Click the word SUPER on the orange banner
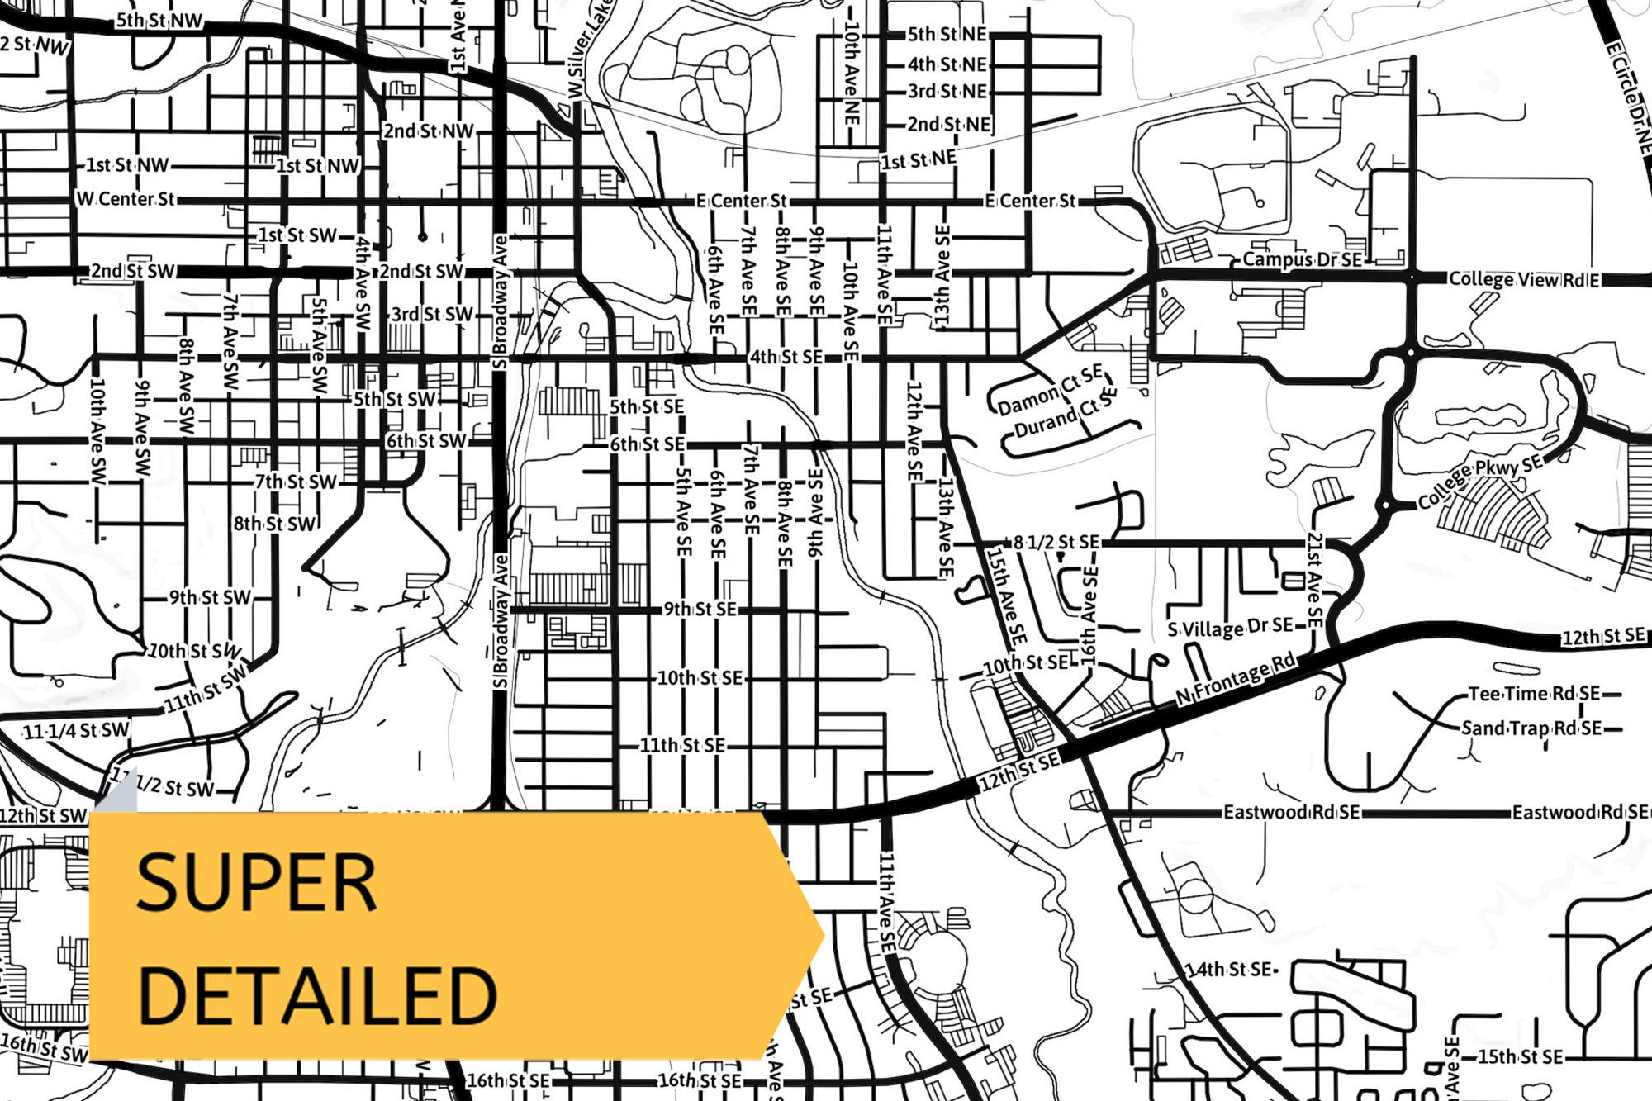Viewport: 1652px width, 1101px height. [x=256, y=883]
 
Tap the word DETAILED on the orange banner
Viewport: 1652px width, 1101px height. [x=317, y=995]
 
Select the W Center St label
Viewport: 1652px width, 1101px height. [x=126, y=199]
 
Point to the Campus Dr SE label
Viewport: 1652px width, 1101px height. [x=1302, y=259]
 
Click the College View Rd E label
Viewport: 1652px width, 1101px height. [x=1524, y=279]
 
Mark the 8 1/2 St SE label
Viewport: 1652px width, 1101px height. [x=1056, y=542]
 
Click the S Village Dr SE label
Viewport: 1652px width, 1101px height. [x=1230, y=628]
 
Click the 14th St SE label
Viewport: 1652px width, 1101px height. [x=1228, y=969]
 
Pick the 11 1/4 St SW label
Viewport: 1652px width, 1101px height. [x=76, y=730]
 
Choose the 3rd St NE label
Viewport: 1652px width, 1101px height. [x=947, y=91]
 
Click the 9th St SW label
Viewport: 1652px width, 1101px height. [x=210, y=597]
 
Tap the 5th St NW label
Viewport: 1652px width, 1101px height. [x=159, y=21]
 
